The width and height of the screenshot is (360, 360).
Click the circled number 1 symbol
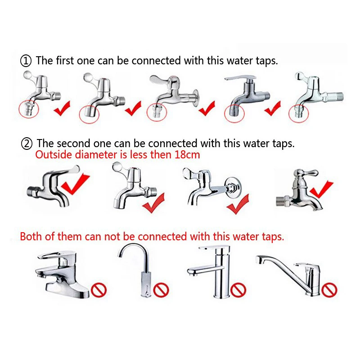tap(26, 61)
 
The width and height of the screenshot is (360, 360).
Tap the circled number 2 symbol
tap(27, 144)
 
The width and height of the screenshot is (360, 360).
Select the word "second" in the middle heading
tap(73, 144)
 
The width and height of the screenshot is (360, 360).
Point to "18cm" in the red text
tap(187, 155)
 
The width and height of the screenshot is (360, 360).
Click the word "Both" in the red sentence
tap(31, 236)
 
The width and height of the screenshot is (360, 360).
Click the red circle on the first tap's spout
tap(29, 109)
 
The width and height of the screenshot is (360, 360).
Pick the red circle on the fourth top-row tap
tap(234, 114)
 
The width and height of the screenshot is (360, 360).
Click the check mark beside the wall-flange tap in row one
tap(207, 108)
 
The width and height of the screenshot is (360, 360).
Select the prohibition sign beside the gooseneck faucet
tap(161, 290)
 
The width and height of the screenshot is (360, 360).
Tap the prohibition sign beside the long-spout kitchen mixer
tap(329, 290)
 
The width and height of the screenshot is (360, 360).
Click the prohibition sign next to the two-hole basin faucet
tap(99, 290)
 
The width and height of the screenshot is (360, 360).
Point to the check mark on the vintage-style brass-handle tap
tap(321, 189)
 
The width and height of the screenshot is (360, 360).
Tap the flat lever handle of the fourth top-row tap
tap(240, 78)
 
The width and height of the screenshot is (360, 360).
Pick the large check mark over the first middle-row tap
tap(76, 184)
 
